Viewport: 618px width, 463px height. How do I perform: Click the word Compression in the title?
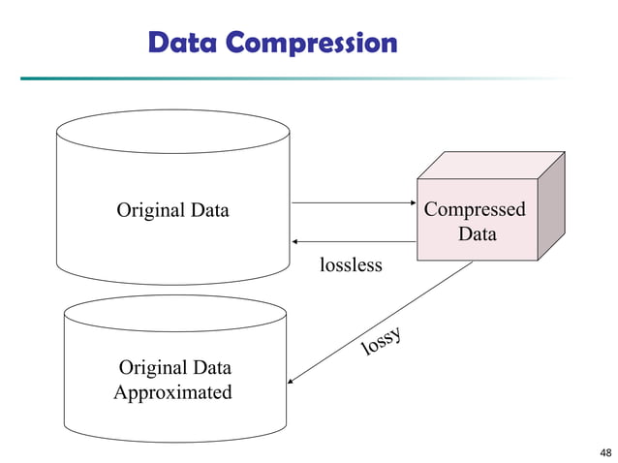[311, 45]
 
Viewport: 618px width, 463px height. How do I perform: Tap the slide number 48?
[605, 452]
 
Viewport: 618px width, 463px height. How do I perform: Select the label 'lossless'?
[351, 264]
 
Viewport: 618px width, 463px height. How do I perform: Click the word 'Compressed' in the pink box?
[475, 210]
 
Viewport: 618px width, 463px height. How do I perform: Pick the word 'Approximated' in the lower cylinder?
[172, 393]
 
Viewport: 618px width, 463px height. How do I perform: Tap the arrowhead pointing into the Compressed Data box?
[411, 203]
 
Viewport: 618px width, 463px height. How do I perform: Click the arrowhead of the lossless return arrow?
[296, 240]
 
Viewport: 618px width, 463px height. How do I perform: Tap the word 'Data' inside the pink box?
[477, 234]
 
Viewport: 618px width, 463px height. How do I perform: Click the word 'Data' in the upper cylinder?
[209, 210]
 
